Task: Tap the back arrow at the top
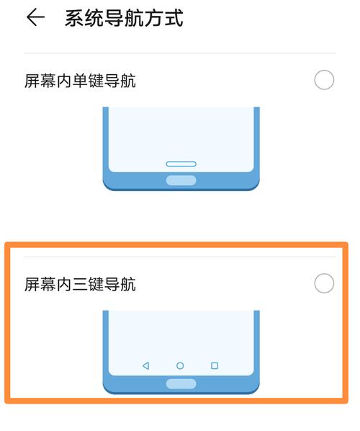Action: click(x=35, y=18)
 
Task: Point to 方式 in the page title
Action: click(x=164, y=18)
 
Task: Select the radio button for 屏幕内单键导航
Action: click(x=324, y=80)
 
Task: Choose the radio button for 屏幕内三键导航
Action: click(x=324, y=283)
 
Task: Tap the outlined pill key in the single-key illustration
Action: click(x=181, y=164)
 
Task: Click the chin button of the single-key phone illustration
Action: click(x=181, y=180)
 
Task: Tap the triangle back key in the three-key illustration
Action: click(x=145, y=366)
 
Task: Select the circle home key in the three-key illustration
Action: click(x=180, y=366)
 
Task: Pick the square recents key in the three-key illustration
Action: click(x=215, y=366)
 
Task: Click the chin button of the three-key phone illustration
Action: click(x=181, y=383)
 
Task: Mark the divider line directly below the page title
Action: click(x=180, y=53)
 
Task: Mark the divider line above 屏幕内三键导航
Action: click(x=180, y=257)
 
